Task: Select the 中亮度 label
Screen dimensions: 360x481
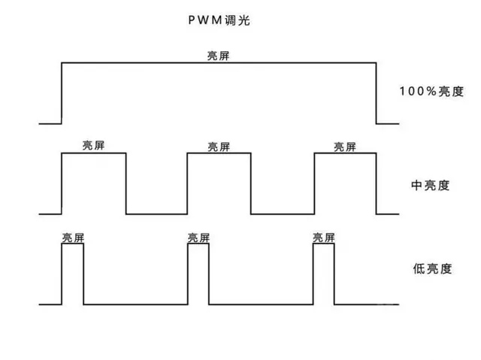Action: coord(431,184)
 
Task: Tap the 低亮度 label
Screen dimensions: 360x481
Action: coord(431,268)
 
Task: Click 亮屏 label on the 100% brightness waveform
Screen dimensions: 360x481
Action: coord(219,56)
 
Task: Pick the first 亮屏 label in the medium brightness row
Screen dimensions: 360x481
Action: coord(94,146)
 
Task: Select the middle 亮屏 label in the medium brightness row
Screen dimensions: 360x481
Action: coord(219,146)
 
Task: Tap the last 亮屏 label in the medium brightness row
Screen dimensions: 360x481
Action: coord(345,146)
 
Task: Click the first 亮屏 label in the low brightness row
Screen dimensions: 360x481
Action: coord(73,237)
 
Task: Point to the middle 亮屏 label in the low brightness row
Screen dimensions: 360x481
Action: coord(198,237)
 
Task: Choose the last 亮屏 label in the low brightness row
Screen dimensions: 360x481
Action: coord(324,237)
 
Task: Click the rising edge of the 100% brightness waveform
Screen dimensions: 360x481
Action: coord(61,92)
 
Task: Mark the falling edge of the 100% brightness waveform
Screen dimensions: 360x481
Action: coord(376,92)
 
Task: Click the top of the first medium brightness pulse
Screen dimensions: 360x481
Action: coord(94,153)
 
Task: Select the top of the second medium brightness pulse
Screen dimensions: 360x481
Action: coord(219,153)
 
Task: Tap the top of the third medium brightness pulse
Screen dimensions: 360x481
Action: coord(345,153)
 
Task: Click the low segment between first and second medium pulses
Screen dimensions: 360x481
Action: coord(156,213)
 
